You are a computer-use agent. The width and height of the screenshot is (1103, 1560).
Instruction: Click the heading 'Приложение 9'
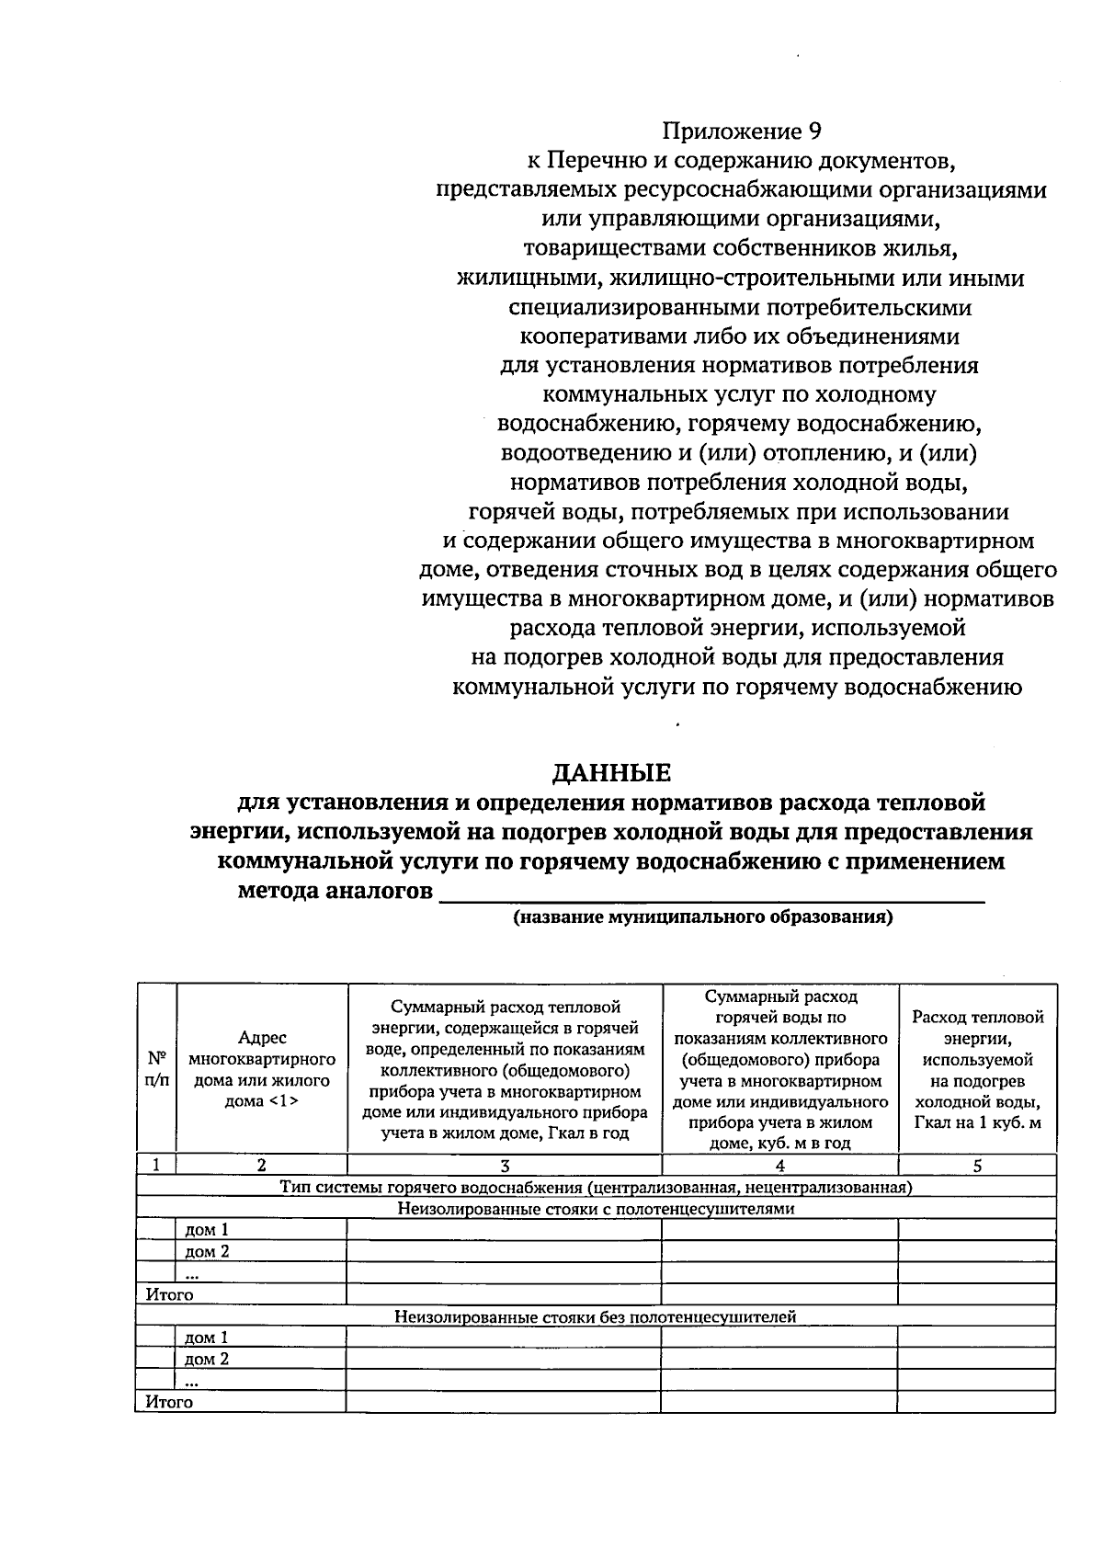741,131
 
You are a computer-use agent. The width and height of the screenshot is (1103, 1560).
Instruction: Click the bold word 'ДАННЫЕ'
610,771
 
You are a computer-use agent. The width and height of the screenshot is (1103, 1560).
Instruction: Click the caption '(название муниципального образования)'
703,917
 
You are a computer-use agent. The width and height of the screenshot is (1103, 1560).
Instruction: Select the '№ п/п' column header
156,1067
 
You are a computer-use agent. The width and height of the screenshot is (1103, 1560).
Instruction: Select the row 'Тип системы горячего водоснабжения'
596,1187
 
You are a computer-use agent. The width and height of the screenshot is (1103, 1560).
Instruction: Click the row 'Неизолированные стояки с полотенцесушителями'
596,1209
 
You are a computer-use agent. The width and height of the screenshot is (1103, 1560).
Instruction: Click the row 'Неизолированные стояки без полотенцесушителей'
596,1316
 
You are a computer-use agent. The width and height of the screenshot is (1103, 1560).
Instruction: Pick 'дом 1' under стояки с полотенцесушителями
207,1230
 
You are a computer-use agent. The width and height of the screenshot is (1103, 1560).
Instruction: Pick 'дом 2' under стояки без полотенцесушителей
207,1359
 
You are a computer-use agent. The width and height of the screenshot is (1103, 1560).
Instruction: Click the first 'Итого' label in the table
170,1294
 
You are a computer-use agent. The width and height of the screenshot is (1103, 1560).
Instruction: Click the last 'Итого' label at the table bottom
170,1402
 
